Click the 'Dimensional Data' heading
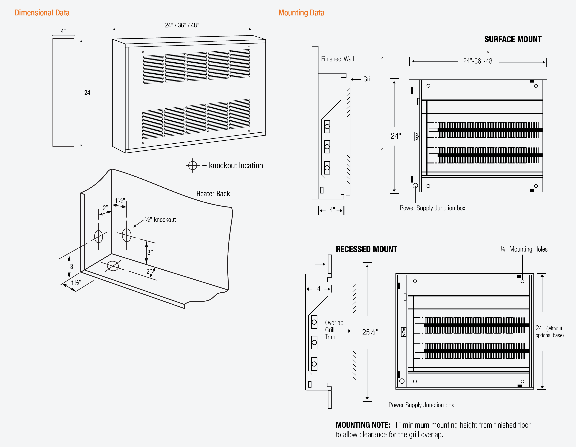click(x=42, y=13)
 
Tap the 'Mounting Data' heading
click(x=301, y=13)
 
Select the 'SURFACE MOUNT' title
click(x=513, y=39)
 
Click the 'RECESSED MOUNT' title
click(x=366, y=249)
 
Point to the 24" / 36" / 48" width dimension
click(x=182, y=25)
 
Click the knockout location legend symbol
click(x=193, y=166)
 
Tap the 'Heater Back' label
click(x=213, y=194)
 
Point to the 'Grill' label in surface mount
click(x=368, y=79)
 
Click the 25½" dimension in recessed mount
click(x=370, y=332)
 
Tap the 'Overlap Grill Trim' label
click(x=334, y=330)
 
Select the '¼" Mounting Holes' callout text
click(x=524, y=249)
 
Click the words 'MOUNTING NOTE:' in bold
click(x=363, y=425)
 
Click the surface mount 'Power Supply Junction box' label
click(x=432, y=208)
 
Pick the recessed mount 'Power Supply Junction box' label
click(x=421, y=405)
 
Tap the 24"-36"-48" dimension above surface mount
click(x=479, y=61)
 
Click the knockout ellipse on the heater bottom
click(x=113, y=266)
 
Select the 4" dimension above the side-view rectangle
click(x=63, y=31)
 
